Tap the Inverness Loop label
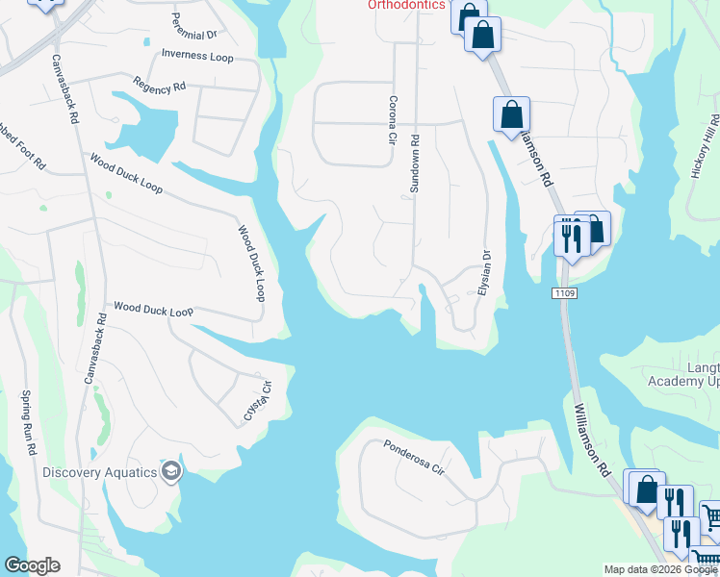click(198, 57)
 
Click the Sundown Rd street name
click(416, 163)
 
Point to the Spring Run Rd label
click(29, 423)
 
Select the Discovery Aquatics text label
click(99, 471)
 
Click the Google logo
click(32, 565)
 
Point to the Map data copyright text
click(661, 569)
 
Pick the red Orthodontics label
click(407, 5)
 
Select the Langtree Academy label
click(684, 372)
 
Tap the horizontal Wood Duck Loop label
click(153, 310)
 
